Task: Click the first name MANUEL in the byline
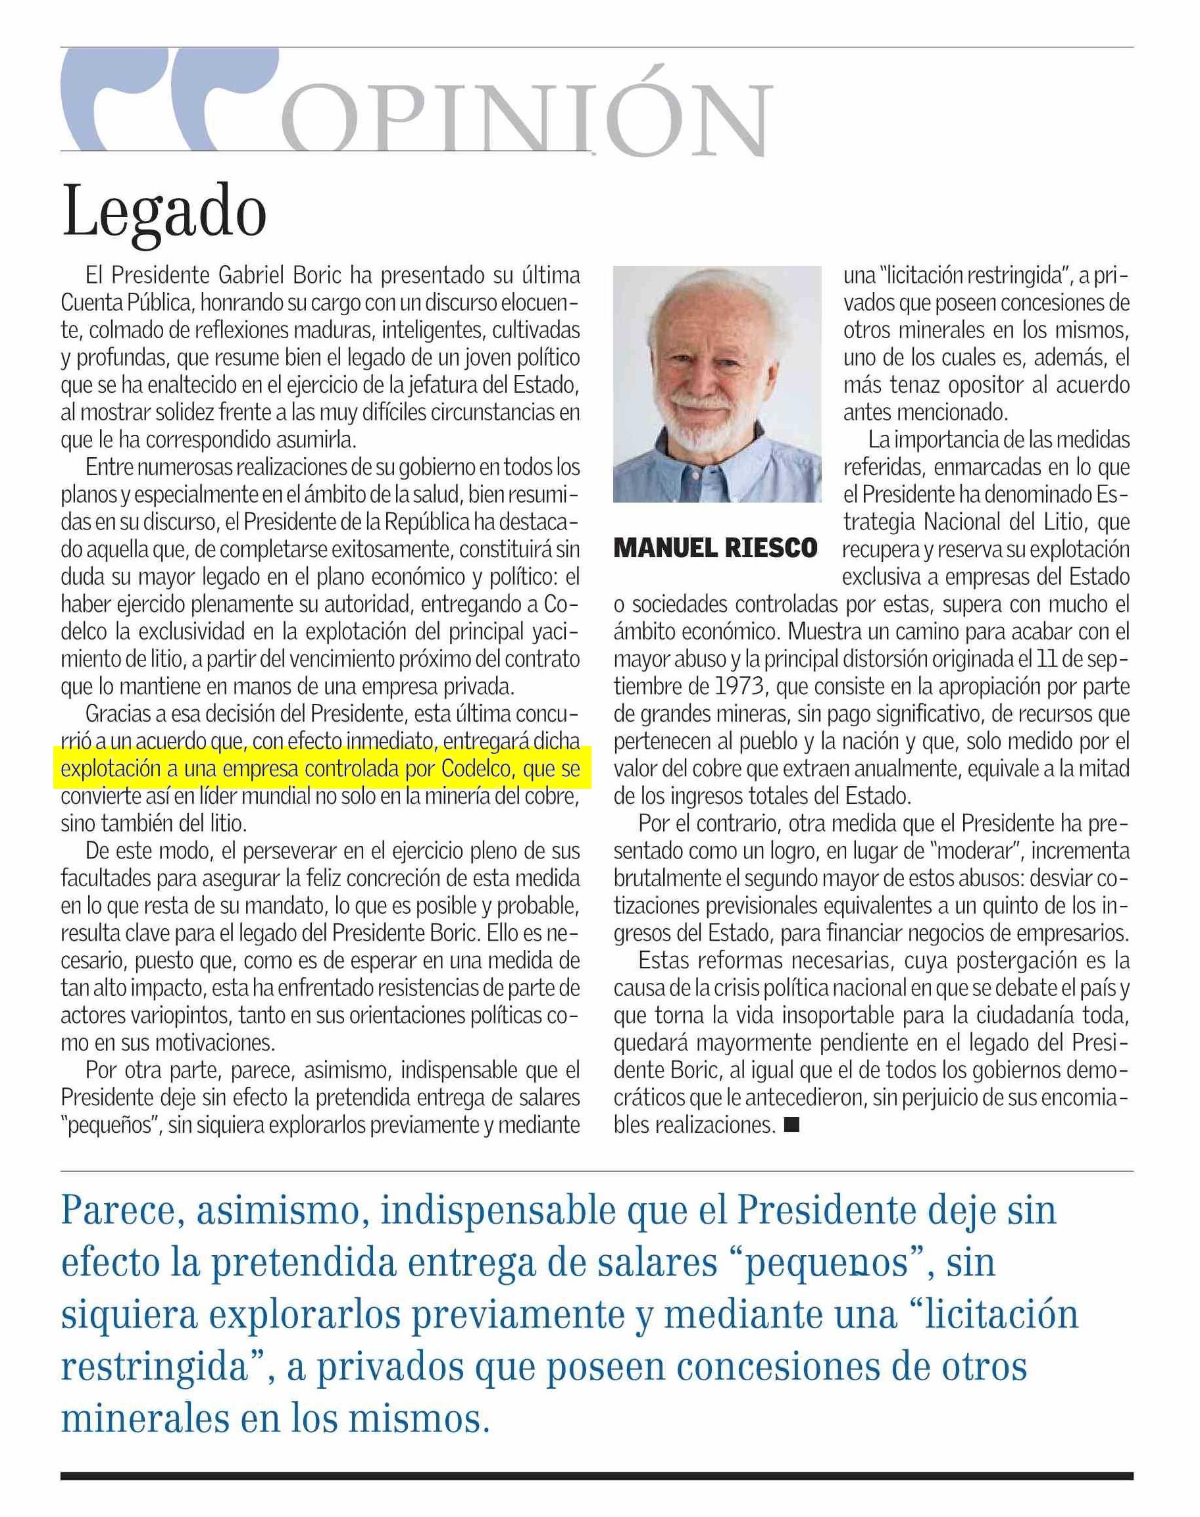(663, 547)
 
